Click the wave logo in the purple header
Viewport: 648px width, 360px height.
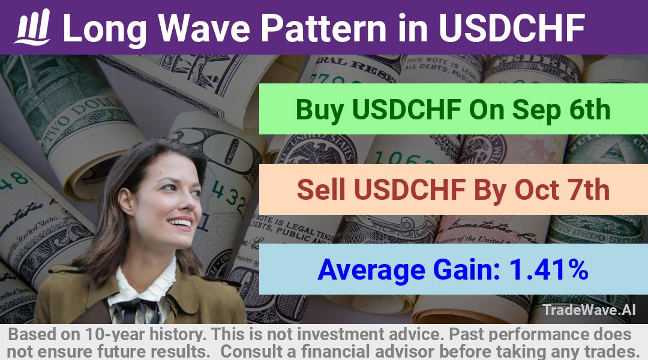[x=32, y=27]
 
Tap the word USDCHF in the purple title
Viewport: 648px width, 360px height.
[x=511, y=28]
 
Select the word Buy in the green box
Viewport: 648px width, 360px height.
[x=319, y=110]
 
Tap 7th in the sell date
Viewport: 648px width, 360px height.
[x=589, y=189]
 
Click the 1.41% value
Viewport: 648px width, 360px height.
[x=549, y=269]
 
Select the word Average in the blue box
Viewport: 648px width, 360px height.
[x=371, y=270]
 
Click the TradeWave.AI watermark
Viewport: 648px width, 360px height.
[x=589, y=310]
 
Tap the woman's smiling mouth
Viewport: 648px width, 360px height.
[x=181, y=224]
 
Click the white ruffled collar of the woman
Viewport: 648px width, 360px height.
[x=145, y=281]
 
